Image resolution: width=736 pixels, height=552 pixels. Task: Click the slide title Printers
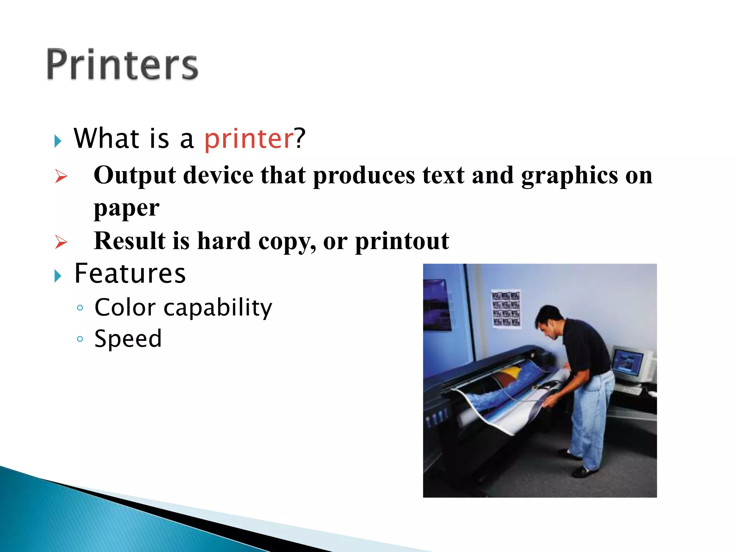(x=122, y=65)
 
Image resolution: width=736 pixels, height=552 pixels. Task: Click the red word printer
(x=249, y=139)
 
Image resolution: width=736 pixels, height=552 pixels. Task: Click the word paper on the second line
(x=126, y=208)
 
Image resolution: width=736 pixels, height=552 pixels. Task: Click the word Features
(x=130, y=274)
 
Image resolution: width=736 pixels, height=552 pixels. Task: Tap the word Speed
(x=128, y=339)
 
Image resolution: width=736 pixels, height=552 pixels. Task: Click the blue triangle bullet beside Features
(x=58, y=276)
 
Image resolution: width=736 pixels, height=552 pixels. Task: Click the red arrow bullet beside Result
(x=61, y=242)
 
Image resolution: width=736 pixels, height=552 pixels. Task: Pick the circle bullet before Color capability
(x=80, y=308)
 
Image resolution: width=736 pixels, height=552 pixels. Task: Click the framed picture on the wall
(x=437, y=305)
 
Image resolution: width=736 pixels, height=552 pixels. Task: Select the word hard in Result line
(x=224, y=241)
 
